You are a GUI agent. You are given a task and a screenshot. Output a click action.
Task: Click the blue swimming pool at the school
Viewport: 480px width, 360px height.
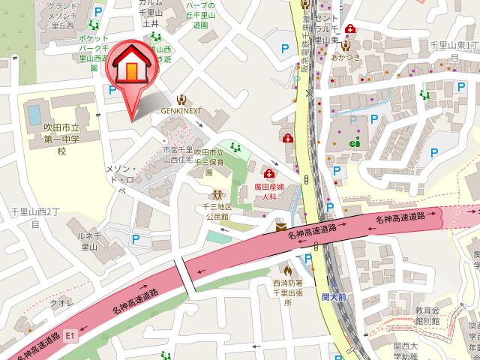(x=34, y=115)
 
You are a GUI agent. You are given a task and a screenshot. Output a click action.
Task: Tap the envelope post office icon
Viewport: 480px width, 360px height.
(x=280, y=226)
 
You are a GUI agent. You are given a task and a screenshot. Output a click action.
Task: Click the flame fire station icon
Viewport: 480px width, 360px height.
(x=286, y=268)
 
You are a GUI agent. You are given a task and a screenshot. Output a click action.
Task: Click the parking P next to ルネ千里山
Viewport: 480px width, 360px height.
(x=136, y=239)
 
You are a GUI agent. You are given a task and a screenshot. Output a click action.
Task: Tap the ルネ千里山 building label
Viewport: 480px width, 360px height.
(x=88, y=238)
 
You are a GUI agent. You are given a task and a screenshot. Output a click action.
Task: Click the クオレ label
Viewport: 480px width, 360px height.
(x=60, y=304)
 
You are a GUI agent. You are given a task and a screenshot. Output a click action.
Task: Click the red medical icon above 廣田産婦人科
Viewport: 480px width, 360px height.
(x=269, y=173)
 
